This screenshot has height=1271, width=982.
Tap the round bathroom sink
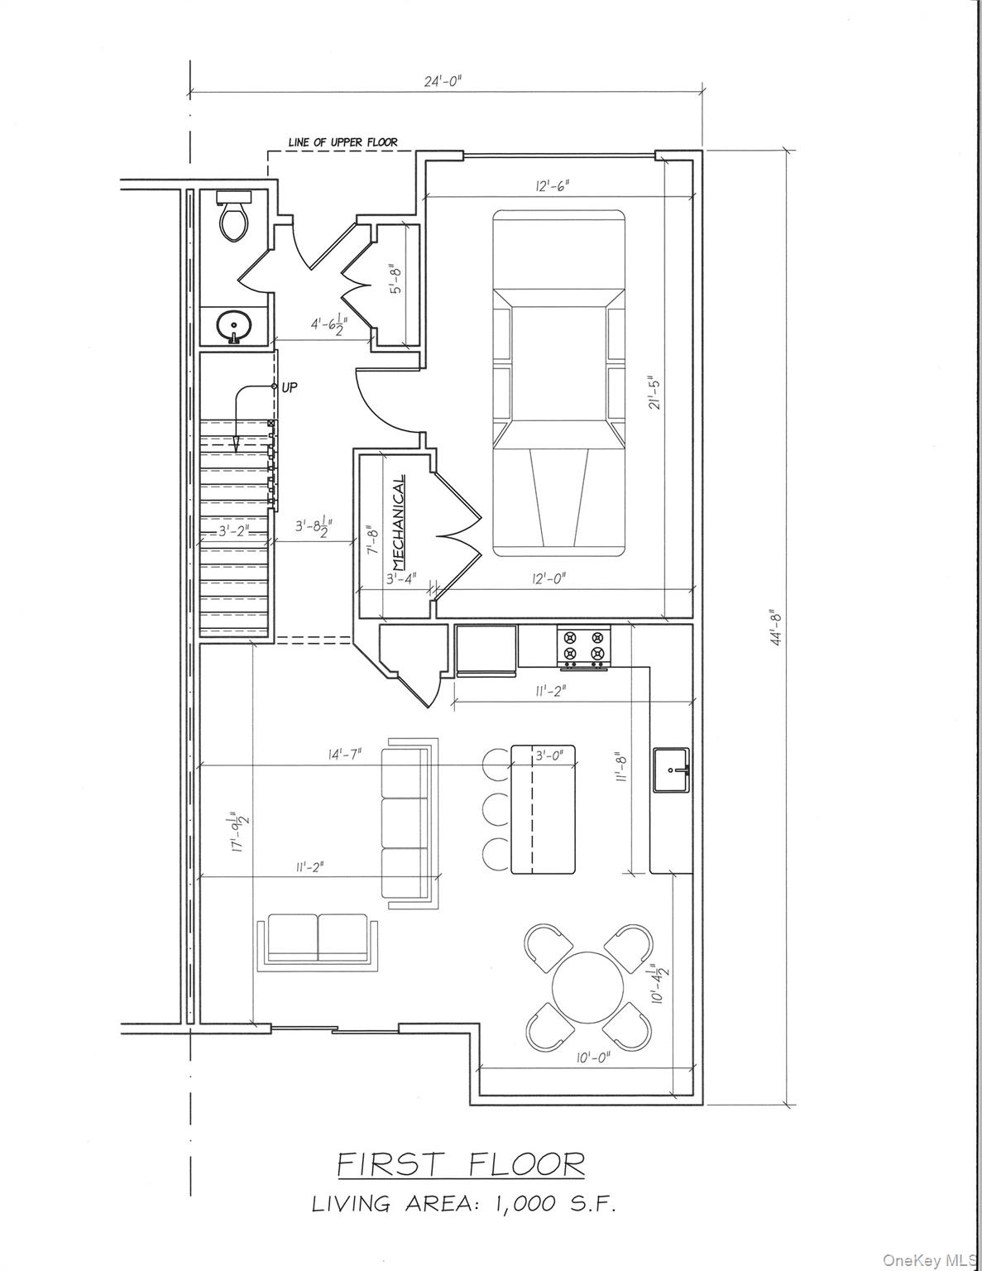(x=234, y=325)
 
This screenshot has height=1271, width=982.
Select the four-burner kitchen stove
(x=583, y=645)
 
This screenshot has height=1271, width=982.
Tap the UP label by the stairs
(x=290, y=387)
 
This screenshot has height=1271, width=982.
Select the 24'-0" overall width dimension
(x=443, y=81)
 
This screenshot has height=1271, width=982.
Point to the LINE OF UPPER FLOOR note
(x=343, y=142)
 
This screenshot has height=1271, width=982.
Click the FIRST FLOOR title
(x=461, y=1164)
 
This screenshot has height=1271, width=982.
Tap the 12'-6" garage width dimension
(x=552, y=186)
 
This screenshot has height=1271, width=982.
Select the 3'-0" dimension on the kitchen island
(x=549, y=755)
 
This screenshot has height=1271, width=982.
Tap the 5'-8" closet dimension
(x=397, y=278)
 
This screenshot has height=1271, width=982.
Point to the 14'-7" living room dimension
(x=344, y=755)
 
